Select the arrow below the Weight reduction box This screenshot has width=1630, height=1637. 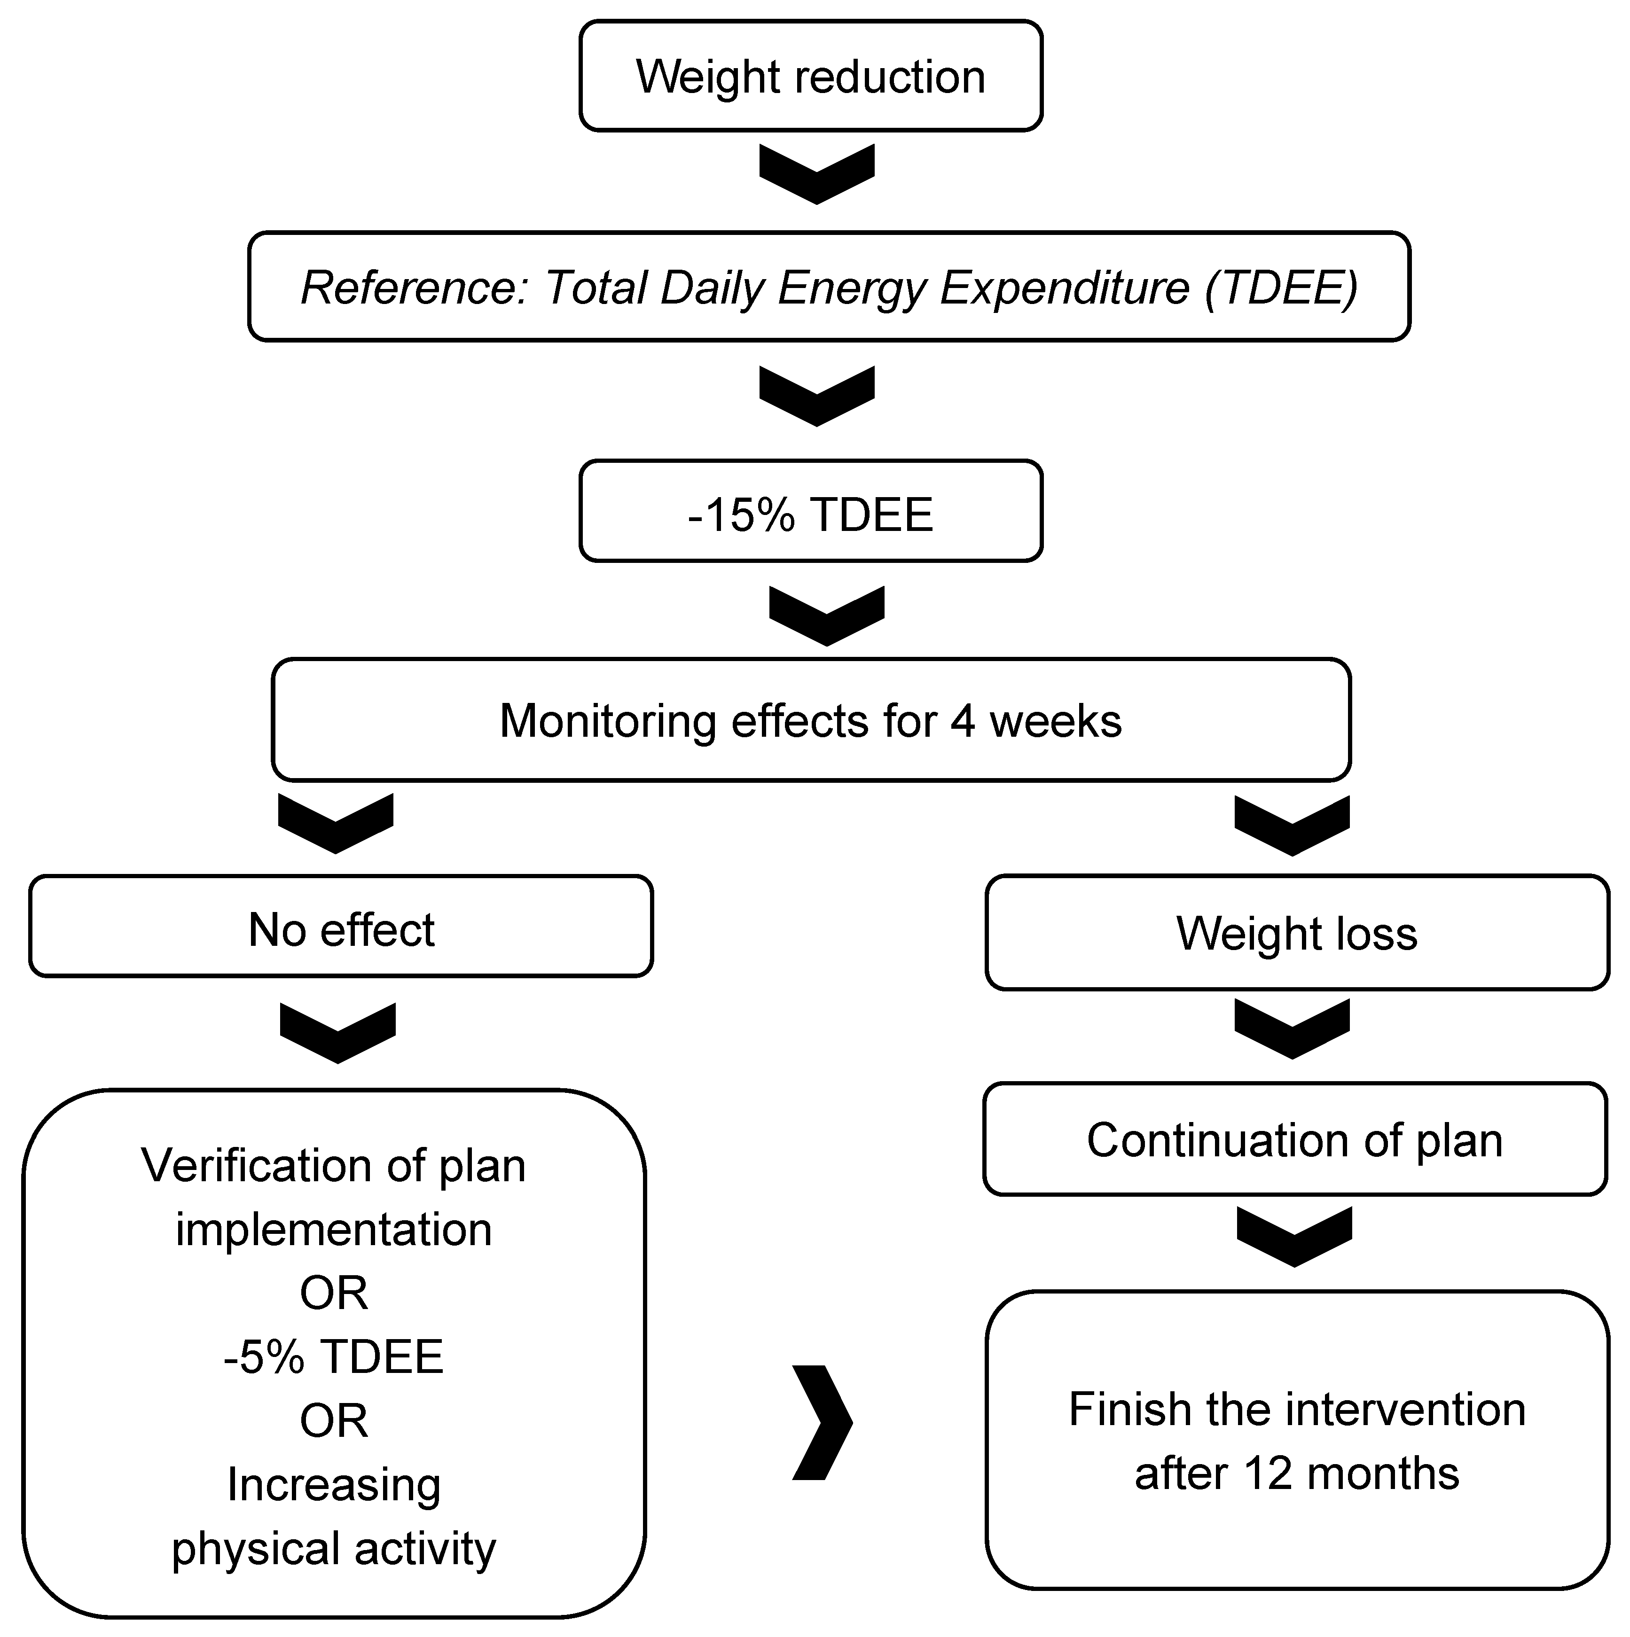[816, 174]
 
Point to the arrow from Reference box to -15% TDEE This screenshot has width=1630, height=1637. [816, 396]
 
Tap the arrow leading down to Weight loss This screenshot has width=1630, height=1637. [1292, 825]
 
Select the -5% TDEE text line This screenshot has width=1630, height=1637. [333, 1356]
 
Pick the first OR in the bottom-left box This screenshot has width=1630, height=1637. [333, 1293]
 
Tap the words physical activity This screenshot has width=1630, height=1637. [333, 1549]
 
